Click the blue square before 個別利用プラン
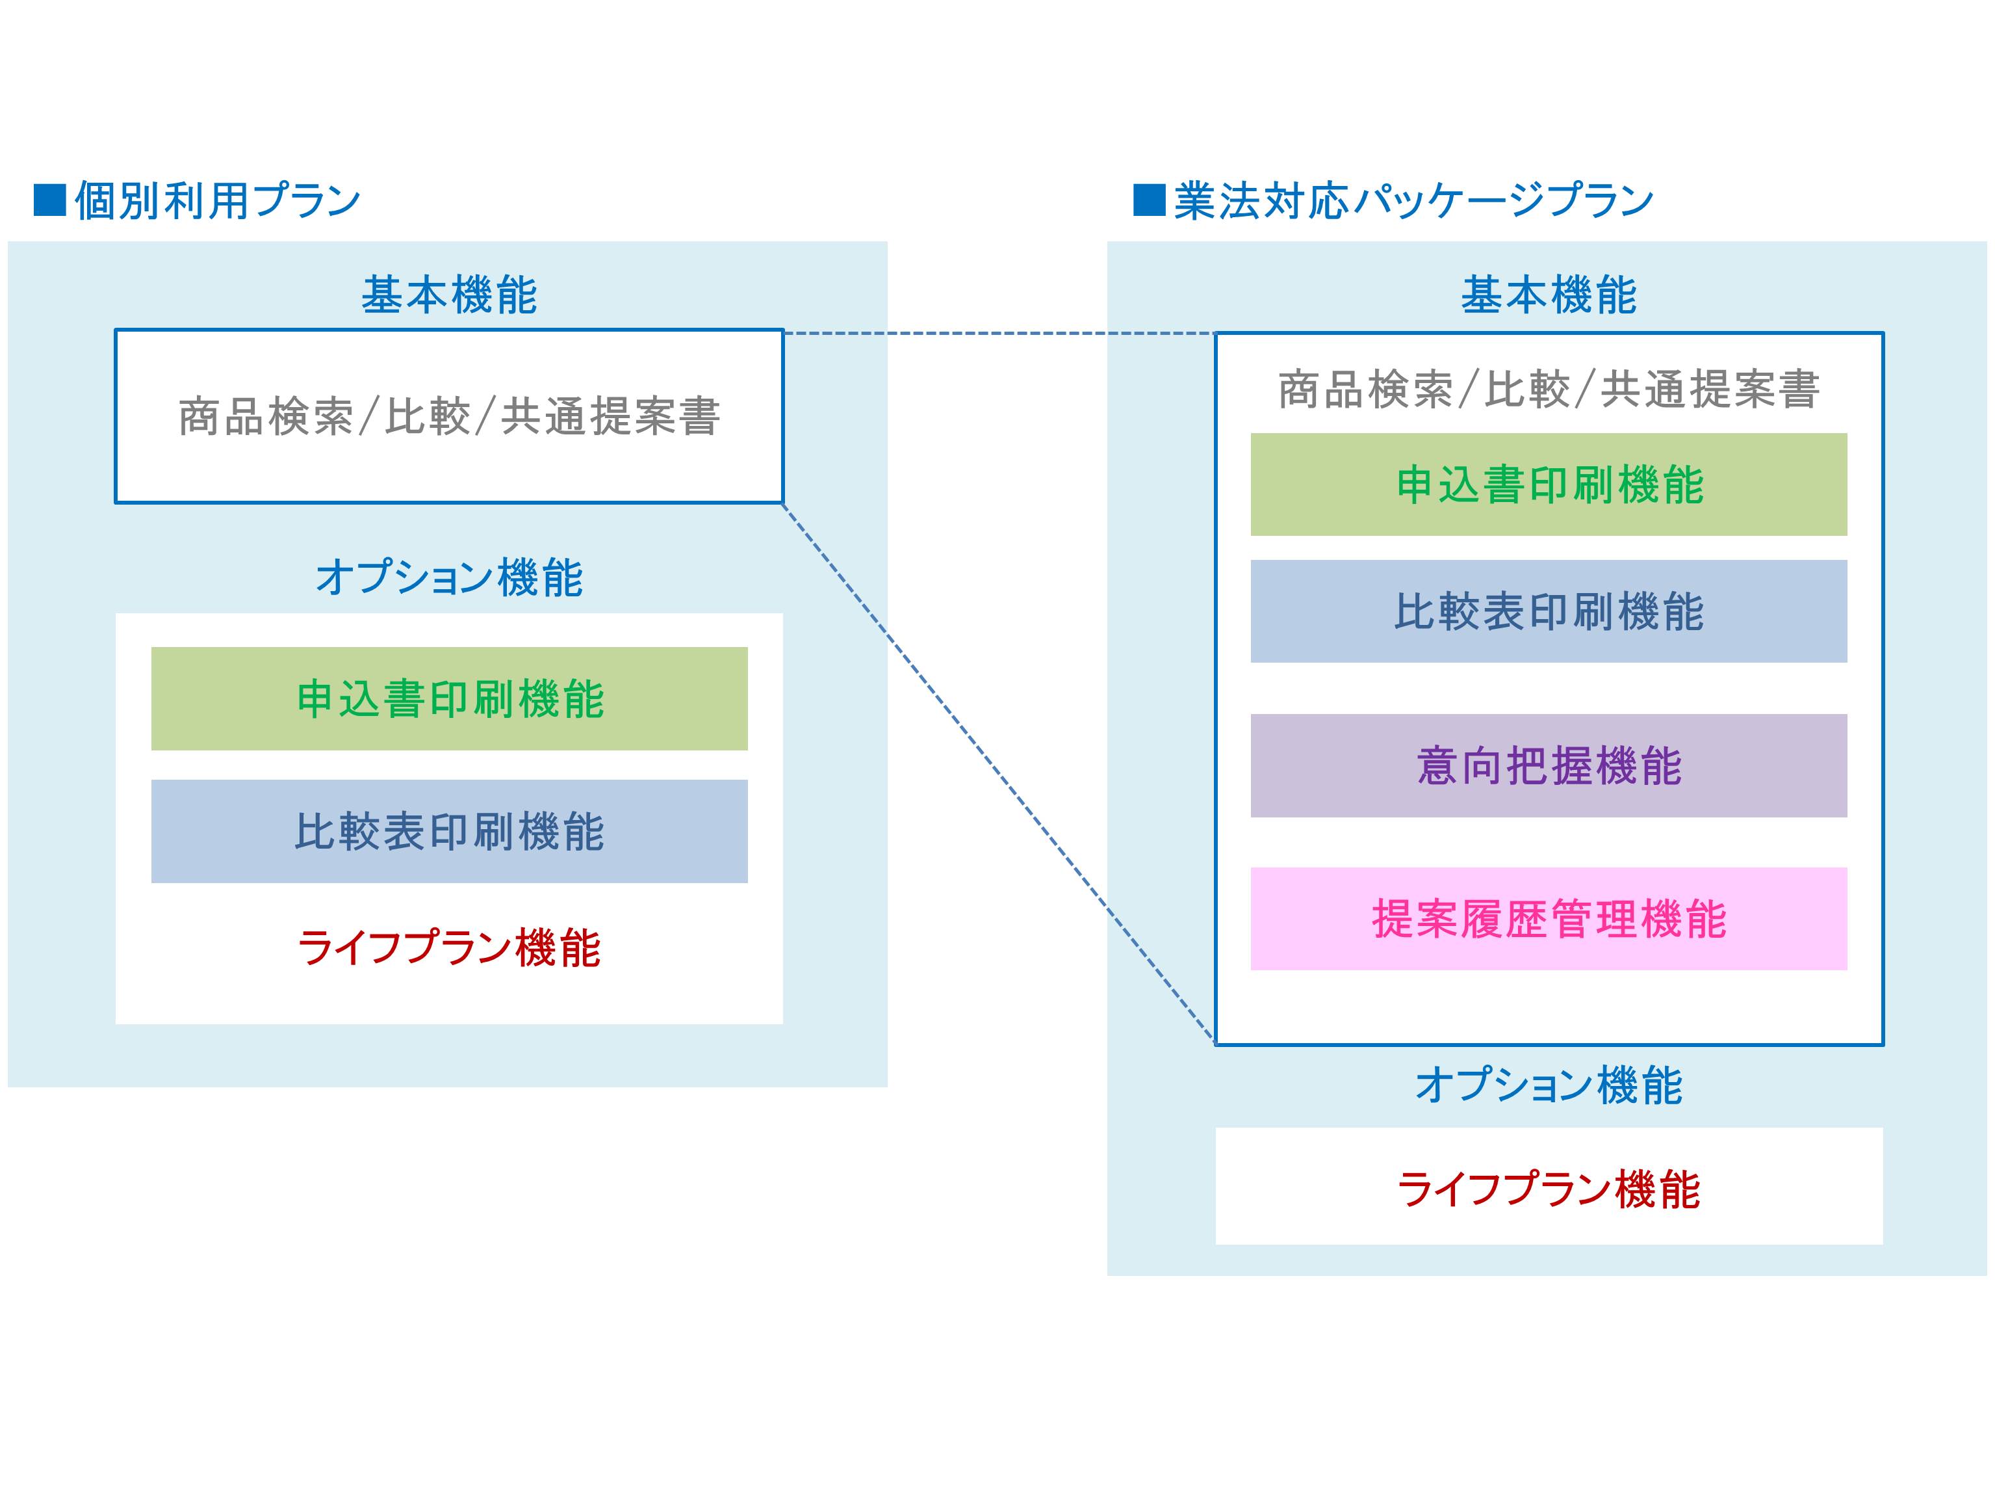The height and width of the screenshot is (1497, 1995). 49,200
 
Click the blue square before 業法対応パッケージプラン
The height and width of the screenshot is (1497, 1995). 1149,200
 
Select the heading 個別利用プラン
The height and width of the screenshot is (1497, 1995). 217,200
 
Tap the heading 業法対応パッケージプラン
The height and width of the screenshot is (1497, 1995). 1413,200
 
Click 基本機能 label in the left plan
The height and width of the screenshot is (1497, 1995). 449,296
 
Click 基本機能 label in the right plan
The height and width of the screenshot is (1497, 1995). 1549,296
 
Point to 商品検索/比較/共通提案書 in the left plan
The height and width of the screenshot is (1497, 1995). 449,417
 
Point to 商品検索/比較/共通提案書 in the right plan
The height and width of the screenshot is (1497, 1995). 1549,390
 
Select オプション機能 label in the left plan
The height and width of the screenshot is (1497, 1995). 449,577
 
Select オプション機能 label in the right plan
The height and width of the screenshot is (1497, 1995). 1549,1085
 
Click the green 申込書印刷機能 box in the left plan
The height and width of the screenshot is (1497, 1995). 449,698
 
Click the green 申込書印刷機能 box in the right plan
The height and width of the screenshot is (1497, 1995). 1549,484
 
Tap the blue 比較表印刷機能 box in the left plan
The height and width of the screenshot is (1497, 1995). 449,831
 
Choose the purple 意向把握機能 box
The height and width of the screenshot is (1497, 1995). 1549,766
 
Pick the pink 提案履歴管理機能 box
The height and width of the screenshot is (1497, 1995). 1549,920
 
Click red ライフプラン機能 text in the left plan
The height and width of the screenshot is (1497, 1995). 449,948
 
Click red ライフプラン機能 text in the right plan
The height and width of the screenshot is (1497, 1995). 1549,1189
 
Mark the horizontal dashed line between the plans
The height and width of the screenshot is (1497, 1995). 999,334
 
